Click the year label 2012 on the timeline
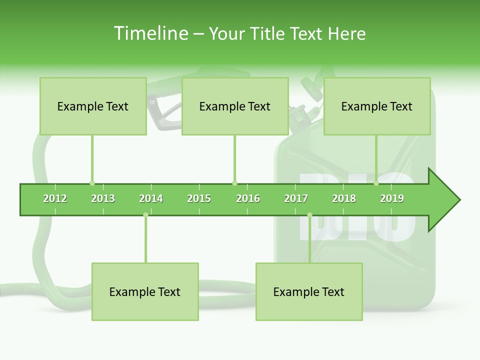55,198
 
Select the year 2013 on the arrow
103,198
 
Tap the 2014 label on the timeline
151,198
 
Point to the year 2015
199,198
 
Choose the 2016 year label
248,198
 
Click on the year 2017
296,198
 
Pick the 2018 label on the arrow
344,198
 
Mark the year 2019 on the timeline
392,198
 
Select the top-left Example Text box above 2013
93,106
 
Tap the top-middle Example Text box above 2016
235,106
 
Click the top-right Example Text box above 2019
377,106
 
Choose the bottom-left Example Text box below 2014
145,291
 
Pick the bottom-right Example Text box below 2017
309,291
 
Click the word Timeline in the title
150,33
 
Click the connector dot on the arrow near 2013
92,183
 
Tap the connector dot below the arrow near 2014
145,215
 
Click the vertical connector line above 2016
234,157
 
